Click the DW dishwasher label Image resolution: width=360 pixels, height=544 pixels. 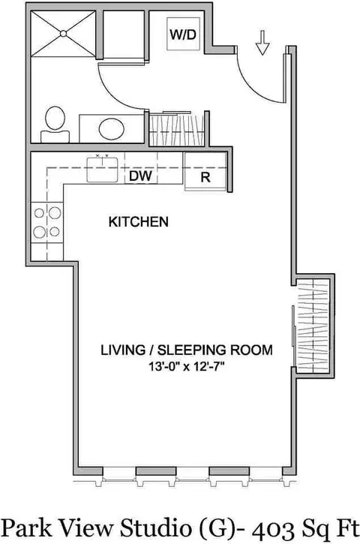coord(140,177)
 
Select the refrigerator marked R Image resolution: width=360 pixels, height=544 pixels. coord(205,178)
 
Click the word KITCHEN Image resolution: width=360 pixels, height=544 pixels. coord(138,222)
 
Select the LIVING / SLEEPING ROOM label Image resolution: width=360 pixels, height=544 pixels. coord(186,350)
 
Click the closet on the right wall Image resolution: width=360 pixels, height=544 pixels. coord(312,327)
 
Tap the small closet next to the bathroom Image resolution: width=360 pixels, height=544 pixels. coord(177,129)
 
